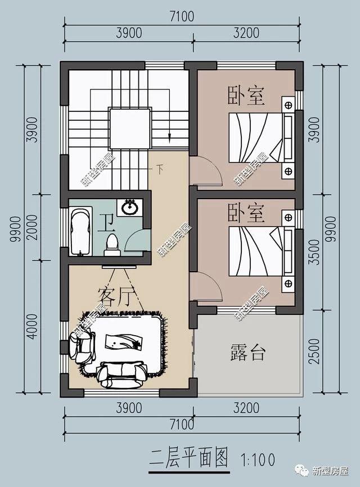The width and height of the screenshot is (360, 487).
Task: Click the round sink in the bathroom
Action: pos(130,207)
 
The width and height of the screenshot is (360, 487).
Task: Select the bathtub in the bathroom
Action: pos(82,231)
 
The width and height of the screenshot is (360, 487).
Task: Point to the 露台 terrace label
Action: pos(247,353)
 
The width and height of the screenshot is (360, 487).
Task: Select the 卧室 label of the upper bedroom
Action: pos(246,95)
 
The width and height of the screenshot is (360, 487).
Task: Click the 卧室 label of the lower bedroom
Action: pos(246,212)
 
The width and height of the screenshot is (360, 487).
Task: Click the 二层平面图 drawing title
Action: pos(190,458)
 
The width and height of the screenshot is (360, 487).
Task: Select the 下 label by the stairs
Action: pos(160,167)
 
